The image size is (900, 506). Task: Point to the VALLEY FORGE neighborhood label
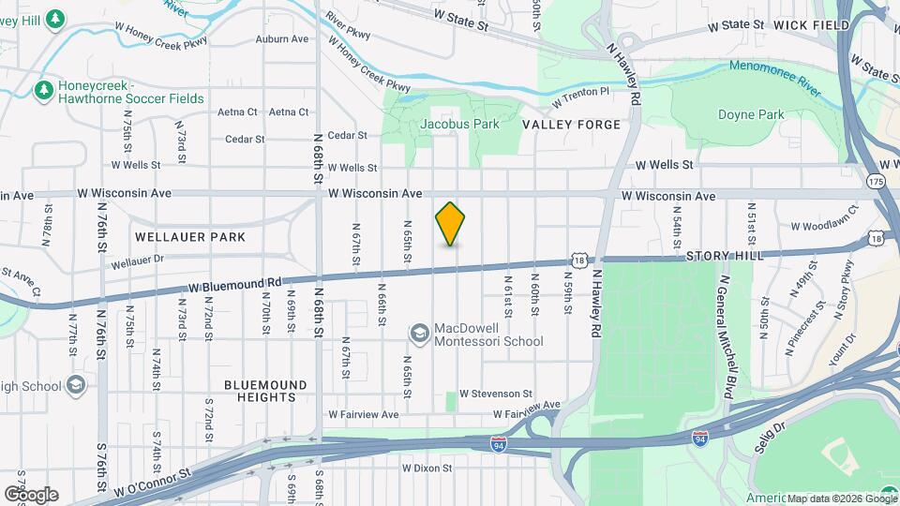571,125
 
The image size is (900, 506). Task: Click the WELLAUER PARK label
190,237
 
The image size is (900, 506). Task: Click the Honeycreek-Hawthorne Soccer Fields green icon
42,91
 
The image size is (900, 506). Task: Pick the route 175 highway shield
876,181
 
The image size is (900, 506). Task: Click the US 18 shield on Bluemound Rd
581,260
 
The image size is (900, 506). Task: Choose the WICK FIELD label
804,24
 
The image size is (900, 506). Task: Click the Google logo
31,494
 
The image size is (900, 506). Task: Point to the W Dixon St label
427,468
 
